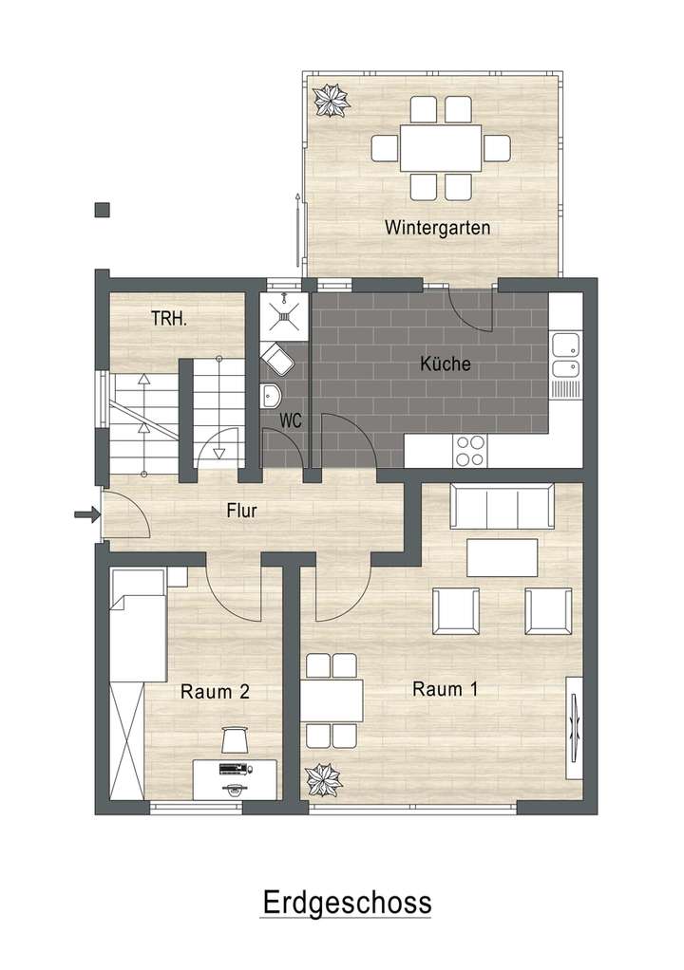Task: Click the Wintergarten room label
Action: click(437, 228)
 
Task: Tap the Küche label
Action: click(446, 364)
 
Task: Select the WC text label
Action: click(291, 420)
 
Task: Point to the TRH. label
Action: click(169, 320)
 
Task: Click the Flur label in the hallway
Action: click(241, 510)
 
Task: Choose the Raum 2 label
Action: click(215, 692)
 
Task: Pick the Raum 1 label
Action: click(445, 690)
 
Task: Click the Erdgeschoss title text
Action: click(346, 901)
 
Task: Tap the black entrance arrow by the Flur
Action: click(85, 515)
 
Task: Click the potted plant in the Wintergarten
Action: click(332, 101)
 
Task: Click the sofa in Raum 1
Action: click(502, 507)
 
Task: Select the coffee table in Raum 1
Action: click(502, 557)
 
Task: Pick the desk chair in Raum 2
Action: click(234, 738)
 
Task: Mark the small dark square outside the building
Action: click(103, 211)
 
